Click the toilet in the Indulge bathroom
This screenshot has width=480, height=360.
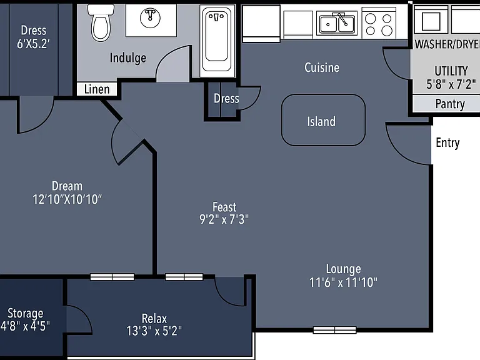(x=101, y=23)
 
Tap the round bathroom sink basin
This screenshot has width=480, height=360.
(x=150, y=17)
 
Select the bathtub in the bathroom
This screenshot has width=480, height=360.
(x=217, y=41)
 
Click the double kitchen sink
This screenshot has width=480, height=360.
(x=337, y=23)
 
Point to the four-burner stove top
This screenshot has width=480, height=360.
(x=379, y=24)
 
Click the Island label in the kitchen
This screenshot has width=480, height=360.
(x=321, y=121)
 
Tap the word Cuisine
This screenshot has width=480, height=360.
(x=322, y=67)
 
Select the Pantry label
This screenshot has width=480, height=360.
(x=450, y=104)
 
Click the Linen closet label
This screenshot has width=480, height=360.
(x=97, y=89)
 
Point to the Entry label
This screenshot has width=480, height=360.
(x=447, y=143)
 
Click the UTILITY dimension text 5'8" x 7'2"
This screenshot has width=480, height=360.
(x=451, y=84)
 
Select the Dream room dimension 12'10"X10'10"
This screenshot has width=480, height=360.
(x=67, y=199)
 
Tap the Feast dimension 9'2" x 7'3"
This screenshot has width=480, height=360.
(x=224, y=219)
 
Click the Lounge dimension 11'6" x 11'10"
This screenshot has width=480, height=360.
(x=343, y=282)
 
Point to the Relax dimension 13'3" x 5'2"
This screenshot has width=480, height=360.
(x=154, y=331)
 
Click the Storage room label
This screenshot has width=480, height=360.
(x=26, y=313)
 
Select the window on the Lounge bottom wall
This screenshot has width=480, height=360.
(x=334, y=330)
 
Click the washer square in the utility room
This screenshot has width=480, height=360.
(x=431, y=21)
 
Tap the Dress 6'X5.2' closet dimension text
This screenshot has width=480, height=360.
(x=33, y=44)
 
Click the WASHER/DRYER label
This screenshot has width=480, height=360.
(x=447, y=44)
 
